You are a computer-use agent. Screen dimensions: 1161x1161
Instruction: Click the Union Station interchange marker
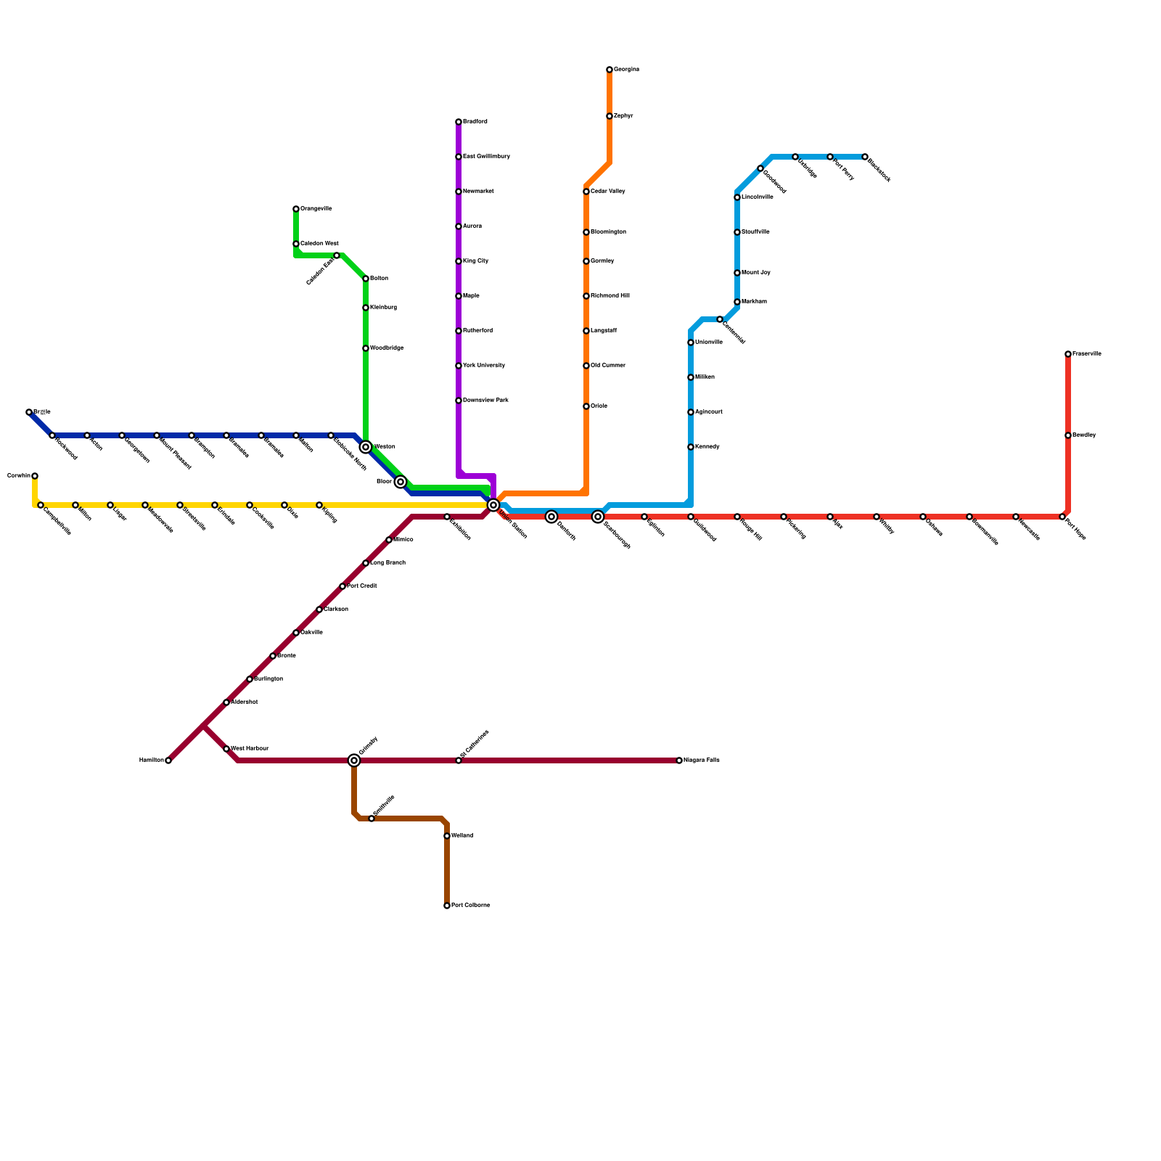493,505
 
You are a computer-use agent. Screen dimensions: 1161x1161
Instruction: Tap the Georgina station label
626,70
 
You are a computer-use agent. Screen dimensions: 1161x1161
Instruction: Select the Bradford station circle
459,122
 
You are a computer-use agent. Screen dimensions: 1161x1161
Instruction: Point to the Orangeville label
316,209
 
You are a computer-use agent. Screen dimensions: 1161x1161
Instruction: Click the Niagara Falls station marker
679,760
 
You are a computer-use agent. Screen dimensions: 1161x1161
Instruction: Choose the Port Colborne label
470,906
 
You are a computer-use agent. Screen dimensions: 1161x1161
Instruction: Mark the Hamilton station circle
168,760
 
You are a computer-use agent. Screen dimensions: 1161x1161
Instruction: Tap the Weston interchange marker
366,447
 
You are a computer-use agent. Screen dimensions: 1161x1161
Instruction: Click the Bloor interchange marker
401,482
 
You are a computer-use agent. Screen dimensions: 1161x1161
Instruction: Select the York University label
484,366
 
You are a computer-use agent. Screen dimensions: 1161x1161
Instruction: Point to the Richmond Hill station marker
586,296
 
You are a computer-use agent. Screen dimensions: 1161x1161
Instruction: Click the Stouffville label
755,232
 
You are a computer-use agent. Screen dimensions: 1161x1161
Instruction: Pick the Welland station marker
447,836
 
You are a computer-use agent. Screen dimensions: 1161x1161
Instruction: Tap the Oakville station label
311,633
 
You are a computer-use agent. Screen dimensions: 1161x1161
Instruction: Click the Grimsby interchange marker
354,760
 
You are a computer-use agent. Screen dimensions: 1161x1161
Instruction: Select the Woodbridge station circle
366,348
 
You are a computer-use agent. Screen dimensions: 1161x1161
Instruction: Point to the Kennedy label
707,447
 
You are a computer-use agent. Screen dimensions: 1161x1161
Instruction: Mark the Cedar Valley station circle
586,192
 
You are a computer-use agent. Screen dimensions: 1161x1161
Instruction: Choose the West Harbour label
250,749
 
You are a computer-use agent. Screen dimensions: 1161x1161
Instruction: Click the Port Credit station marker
342,586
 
